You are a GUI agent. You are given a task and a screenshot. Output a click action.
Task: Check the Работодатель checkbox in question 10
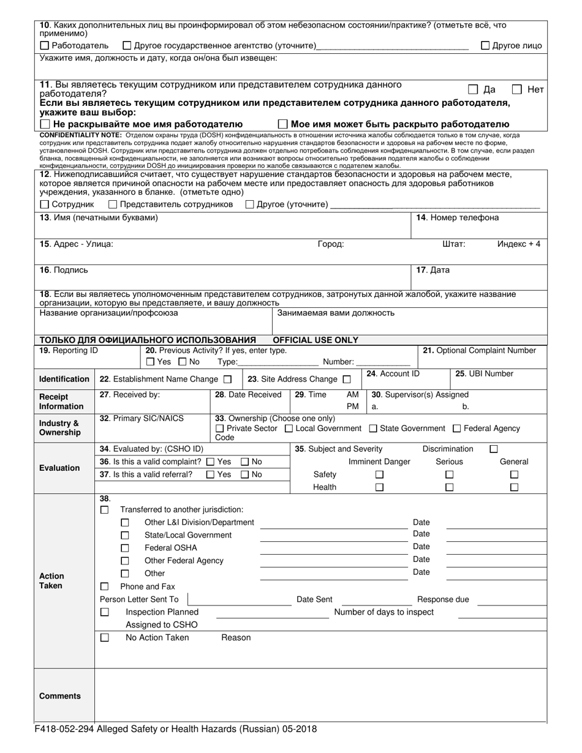click(44, 45)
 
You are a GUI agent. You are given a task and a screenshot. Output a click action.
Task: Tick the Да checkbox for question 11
click(473, 89)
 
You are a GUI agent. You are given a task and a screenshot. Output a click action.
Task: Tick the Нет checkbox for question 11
click(517, 89)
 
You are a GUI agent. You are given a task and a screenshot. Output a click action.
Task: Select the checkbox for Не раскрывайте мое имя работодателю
click(45, 124)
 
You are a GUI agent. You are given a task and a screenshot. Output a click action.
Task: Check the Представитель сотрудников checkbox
click(113, 204)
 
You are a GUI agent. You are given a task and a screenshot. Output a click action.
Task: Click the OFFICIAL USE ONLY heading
click(316, 340)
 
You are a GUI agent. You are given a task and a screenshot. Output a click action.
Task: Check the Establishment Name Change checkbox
click(227, 379)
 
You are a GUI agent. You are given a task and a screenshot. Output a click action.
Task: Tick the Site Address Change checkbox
click(347, 379)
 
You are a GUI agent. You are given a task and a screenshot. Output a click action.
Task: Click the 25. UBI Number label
click(484, 374)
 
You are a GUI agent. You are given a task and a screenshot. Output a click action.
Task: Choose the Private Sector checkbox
click(221, 429)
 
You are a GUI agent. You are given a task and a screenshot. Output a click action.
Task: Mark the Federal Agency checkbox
click(457, 429)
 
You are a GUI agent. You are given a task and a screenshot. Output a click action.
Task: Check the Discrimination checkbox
click(494, 449)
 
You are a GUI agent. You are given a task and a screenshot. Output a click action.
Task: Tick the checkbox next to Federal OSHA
click(125, 548)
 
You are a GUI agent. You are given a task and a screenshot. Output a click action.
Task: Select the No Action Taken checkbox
click(105, 637)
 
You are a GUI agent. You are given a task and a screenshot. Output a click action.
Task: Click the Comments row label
click(60, 696)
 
